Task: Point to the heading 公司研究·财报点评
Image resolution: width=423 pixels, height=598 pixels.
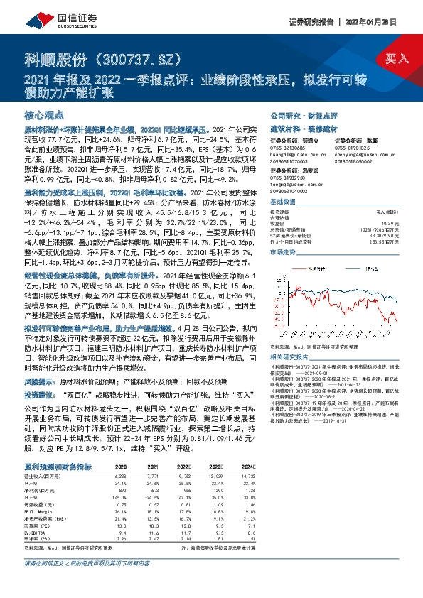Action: click(298, 115)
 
